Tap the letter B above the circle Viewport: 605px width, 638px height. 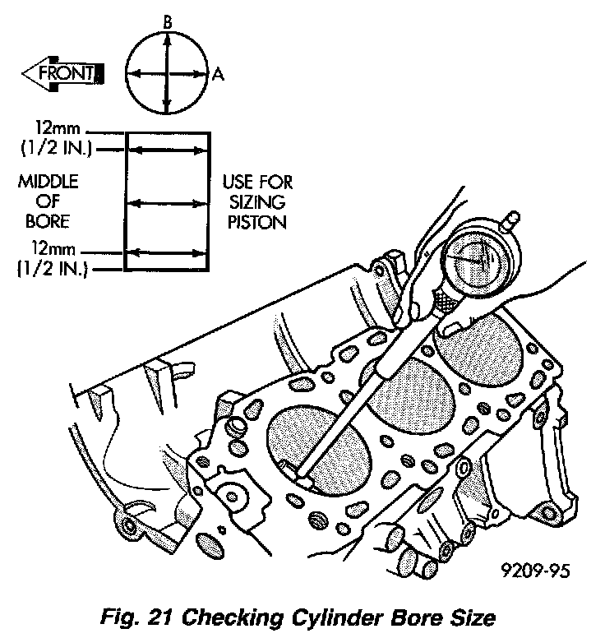pyautogui.click(x=167, y=24)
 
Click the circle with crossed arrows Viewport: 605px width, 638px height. pyautogui.click(x=167, y=74)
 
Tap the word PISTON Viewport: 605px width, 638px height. pyautogui.click(x=256, y=222)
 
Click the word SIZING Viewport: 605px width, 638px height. pyautogui.click(x=256, y=202)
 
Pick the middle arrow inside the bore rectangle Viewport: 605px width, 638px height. pyautogui.click(x=166, y=201)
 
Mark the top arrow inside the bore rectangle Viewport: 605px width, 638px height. pyautogui.click(x=166, y=150)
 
